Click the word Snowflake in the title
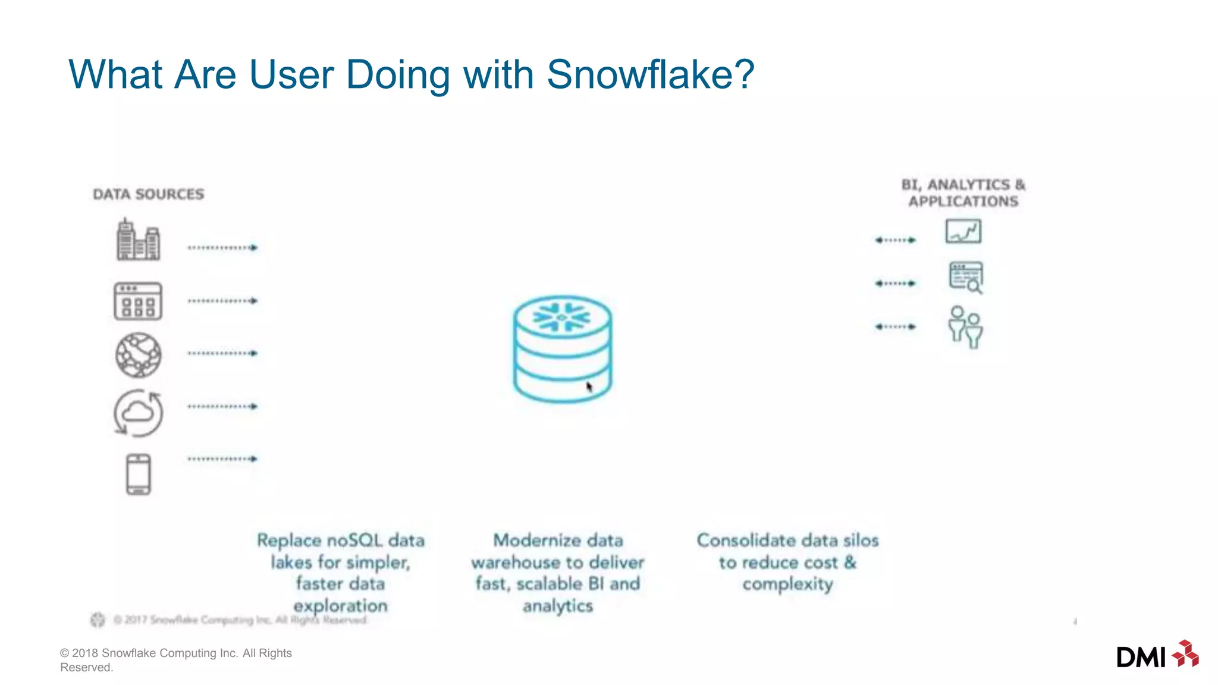coord(650,74)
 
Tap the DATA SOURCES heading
coord(149,194)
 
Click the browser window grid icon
coord(138,301)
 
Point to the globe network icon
coord(138,355)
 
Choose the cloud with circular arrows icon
coord(138,413)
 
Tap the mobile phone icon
coord(139,474)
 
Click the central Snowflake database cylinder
coord(562,349)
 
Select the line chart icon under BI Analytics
coord(963,231)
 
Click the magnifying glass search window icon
coord(965,277)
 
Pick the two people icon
coord(965,327)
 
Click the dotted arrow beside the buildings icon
coord(222,247)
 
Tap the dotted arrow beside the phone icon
coord(222,459)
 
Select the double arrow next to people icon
coord(895,326)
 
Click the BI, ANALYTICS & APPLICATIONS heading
coord(963,193)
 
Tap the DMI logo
coord(1157,655)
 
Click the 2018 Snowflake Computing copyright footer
coord(176,659)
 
